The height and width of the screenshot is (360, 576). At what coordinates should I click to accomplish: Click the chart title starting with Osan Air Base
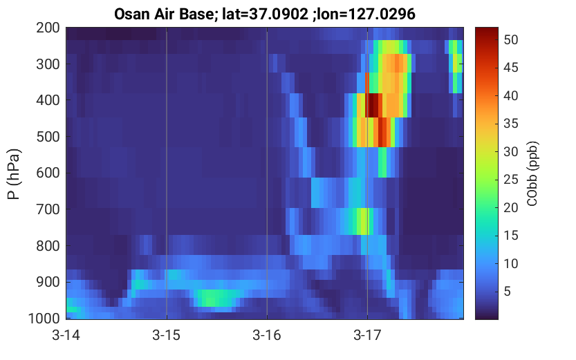pyautogui.click(x=264, y=14)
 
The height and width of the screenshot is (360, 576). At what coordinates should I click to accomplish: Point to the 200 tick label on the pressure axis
pyautogui.click(x=48, y=28)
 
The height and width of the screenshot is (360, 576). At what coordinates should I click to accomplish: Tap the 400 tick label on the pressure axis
pyautogui.click(x=48, y=100)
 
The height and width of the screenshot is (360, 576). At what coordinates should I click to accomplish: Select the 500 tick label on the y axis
pyautogui.click(x=48, y=137)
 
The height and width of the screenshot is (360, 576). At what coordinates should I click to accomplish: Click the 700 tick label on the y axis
pyautogui.click(x=48, y=209)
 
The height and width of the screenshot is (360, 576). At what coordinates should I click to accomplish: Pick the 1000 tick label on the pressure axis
pyautogui.click(x=44, y=318)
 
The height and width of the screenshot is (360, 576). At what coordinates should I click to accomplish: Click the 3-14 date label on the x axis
pyautogui.click(x=66, y=335)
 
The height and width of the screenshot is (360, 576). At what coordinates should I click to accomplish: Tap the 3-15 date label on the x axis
pyautogui.click(x=167, y=335)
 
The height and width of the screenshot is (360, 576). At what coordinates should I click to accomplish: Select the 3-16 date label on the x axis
pyautogui.click(x=267, y=335)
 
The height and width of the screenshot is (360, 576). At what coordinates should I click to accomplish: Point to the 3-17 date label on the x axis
pyautogui.click(x=367, y=335)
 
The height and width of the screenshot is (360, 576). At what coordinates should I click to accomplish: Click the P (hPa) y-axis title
pyautogui.click(x=14, y=174)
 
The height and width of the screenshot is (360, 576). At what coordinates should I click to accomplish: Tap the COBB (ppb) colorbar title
pyautogui.click(x=532, y=174)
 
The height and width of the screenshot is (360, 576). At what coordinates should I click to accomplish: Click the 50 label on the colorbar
pyautogui.click(x=510, y=39)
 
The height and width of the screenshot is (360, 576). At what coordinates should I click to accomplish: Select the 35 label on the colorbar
pyautogui.click(x=510, y=124)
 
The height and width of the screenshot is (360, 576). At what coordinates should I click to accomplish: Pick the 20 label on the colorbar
pyautogui.click(x=510, y=208)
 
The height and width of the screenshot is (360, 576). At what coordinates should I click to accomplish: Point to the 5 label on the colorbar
pyautogui.click(x=508, y=292)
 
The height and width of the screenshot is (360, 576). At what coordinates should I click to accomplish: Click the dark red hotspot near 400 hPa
pyautogui.click(x=373, y=105)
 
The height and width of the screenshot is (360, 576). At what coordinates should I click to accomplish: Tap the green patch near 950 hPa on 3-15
pyautogui.click(x=216, y=298)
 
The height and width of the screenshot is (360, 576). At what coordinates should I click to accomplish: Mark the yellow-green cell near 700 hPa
pyautogui.click(x=364, y=221)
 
